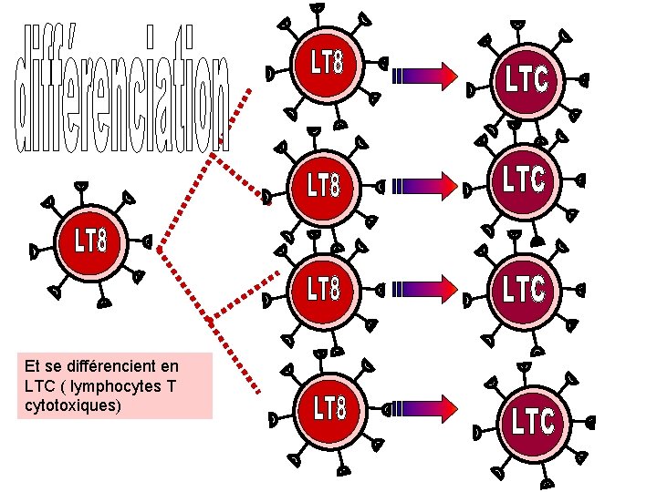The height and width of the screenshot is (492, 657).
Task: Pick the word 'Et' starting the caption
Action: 33,366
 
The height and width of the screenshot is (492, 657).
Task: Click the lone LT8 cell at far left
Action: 91,241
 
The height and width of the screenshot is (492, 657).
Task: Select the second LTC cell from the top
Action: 525,179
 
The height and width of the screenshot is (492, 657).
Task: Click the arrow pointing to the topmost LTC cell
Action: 423,77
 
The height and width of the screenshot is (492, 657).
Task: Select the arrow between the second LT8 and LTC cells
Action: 423,186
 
